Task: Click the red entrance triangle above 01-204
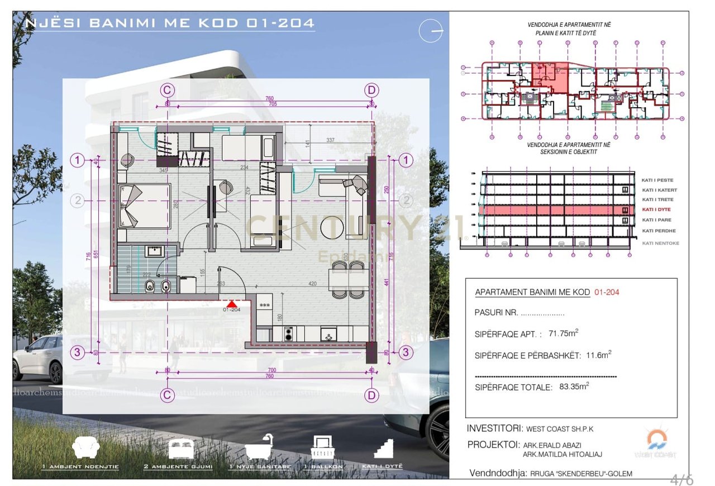click(231, 303)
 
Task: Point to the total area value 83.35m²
click(574, 387)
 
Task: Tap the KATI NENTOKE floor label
click(661, 243)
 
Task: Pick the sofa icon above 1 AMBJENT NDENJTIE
click(87, 447)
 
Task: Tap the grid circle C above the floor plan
click(166, 90)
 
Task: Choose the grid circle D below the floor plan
click(371, 396)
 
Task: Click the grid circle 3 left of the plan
click(78, 352)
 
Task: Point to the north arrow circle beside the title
click(432, 30)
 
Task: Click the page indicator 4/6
click(681, 479)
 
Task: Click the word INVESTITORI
click(494, 428)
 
